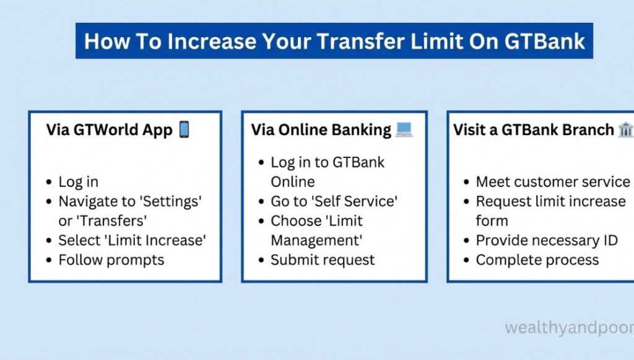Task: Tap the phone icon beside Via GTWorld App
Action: pos(184,130)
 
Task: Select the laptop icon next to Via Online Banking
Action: pos(404,130)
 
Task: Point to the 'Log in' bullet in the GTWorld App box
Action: pos(78,182)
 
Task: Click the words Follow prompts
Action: pos(111,260)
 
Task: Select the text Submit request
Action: pos(323,260)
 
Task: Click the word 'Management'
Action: pos(316,240)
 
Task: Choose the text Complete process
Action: pos(537,260)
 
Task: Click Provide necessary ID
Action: pos(547,240)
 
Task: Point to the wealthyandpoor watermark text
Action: pos(568,327)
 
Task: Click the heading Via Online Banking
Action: pos(321,130)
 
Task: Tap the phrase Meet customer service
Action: pos(552,182)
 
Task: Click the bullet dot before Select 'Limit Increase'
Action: pos(49,241)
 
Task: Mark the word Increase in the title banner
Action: pos(206,41)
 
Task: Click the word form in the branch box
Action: pos(492,221)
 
